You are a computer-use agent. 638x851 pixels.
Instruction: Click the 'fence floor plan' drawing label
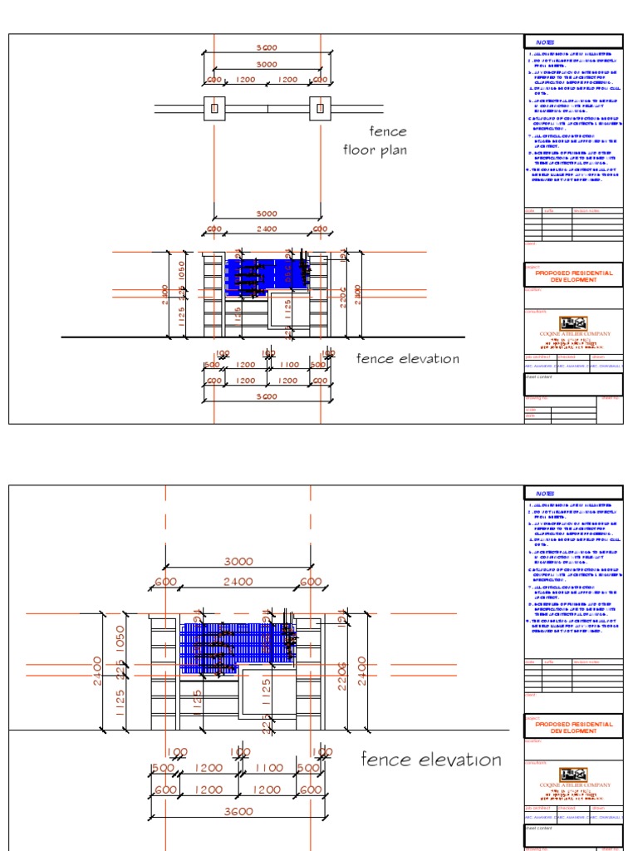click(375, 141)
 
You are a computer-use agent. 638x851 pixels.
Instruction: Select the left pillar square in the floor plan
click(214, 108)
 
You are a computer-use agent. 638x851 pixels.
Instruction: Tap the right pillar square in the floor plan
click(320, 108)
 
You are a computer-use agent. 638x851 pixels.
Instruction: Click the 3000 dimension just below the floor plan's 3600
click(267, 65)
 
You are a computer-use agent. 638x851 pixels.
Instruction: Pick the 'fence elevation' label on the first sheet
click(408, 359)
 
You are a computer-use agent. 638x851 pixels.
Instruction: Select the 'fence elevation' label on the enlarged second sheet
click(431, 760)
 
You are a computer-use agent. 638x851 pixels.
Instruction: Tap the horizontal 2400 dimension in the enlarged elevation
click(238, 583)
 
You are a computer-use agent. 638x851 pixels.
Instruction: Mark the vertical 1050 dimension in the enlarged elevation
click(120, 640)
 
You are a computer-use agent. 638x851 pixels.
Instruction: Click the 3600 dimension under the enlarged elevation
click(238, 811)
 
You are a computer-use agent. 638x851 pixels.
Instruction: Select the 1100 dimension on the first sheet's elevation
click(287, 365)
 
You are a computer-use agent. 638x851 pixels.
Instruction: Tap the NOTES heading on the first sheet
click(545, 42)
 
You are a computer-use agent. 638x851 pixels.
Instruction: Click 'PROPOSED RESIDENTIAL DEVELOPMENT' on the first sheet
click(574, 276)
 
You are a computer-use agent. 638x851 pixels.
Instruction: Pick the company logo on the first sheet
click(573, 323)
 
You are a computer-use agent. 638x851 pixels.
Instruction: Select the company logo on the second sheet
click(573, 774)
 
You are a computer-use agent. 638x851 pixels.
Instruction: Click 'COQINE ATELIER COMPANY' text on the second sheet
click(574, 785)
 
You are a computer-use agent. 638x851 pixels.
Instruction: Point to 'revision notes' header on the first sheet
click(586, 211)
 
